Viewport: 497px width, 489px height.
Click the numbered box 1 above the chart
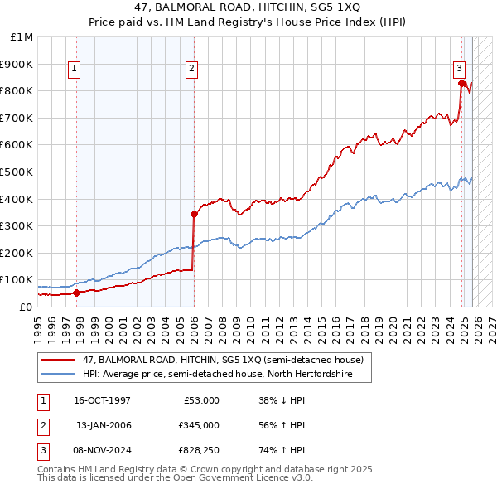75,70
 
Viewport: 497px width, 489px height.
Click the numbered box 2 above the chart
191,70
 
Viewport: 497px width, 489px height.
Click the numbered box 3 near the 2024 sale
458,70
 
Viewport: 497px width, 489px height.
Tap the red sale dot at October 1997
76,293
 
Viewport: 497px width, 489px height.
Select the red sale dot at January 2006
194,214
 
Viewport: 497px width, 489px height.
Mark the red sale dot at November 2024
461,82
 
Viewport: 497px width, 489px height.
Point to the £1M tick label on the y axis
22,37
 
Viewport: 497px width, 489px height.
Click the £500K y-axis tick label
18,172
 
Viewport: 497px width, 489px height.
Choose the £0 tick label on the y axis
25,307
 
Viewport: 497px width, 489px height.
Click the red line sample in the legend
60,361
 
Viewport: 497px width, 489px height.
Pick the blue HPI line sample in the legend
60,375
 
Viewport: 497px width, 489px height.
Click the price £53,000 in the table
200,400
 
